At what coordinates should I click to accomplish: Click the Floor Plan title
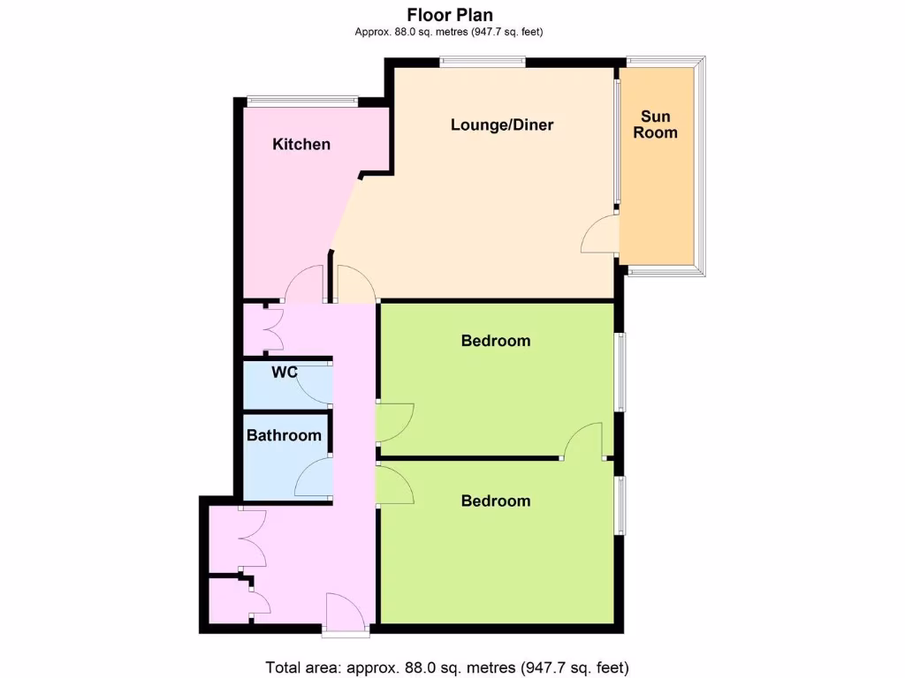pos(450,14)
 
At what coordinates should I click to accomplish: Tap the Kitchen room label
pos(301,144)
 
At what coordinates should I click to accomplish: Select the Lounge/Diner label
pos(502,124)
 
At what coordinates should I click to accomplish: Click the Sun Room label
pos(656,124)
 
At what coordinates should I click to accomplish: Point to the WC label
pos(284,373)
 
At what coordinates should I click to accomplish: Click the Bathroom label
pos(284,435)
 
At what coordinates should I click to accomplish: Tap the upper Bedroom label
pos(496,341)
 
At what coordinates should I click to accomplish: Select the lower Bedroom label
pos(496,501)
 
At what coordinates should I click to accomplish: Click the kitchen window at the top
pos(301,100)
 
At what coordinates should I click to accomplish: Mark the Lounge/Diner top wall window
pos(483,61)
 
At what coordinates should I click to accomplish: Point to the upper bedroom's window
pos(621,372)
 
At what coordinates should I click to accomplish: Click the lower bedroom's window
pos(621,505)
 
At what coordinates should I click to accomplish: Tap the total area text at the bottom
pos(447,667)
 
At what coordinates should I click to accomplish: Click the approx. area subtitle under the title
pos(448,33)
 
